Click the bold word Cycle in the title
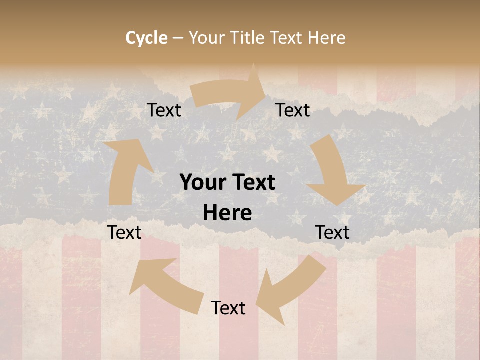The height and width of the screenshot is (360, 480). [x=146, y=38]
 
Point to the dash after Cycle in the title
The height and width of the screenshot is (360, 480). [x=178, y=38]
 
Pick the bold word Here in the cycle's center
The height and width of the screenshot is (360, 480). [x=227, y=213]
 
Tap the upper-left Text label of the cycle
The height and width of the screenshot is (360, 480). [x=164, y=110]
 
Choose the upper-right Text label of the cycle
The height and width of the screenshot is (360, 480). [x=293, y=110]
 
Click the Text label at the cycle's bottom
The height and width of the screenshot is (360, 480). [x=228, y=308]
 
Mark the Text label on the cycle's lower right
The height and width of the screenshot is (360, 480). [x=332, y=232]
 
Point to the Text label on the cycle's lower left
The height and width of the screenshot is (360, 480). [x=124, y=232]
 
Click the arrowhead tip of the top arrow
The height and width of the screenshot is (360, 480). [x=264, y=90]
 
